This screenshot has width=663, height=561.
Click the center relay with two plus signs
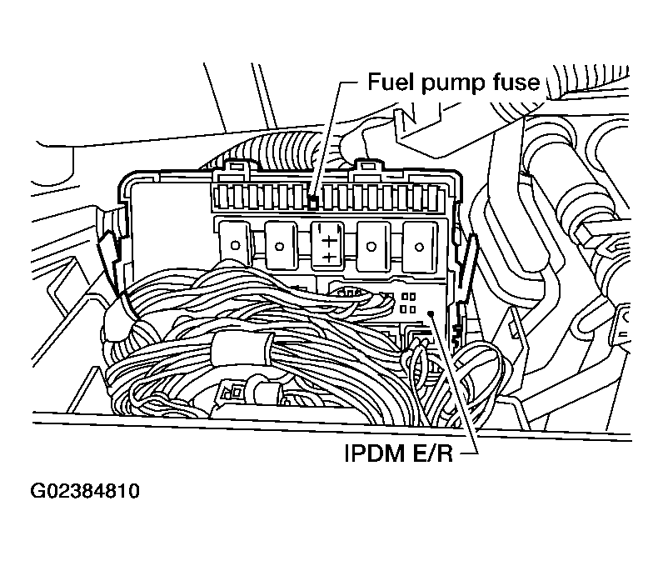[x=330, y=244]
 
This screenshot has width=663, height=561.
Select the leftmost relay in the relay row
[x=236, y=244]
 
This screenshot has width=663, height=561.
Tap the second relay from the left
[x=283, y=244]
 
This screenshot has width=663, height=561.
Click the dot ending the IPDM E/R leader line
[x=431, y=313]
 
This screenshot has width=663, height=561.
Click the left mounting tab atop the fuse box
[x=233, y=172]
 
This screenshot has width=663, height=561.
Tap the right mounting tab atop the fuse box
[x=363, y=170]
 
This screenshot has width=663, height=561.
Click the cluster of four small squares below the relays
[x=409, y=302]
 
